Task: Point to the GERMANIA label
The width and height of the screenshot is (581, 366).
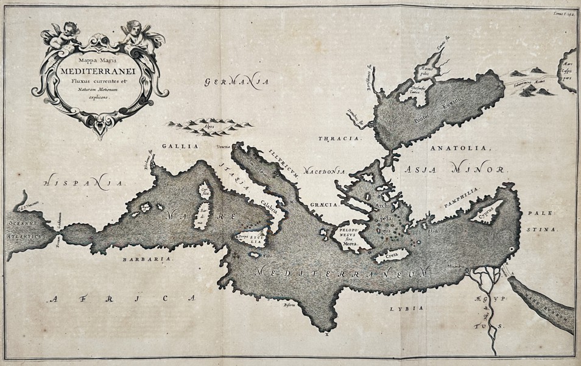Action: [236, 81]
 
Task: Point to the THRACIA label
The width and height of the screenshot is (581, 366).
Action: [339, 139]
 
